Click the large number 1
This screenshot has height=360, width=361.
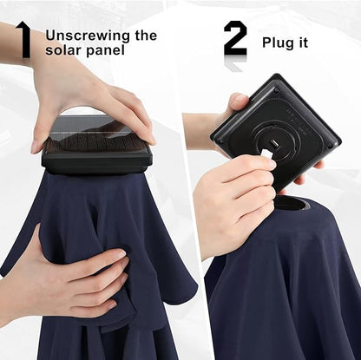[x=24, y=39]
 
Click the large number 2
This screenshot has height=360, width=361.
[x=235, y=39]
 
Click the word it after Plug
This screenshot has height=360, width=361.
[x=302, y=43]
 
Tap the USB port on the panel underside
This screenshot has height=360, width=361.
[x=273, y=143]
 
